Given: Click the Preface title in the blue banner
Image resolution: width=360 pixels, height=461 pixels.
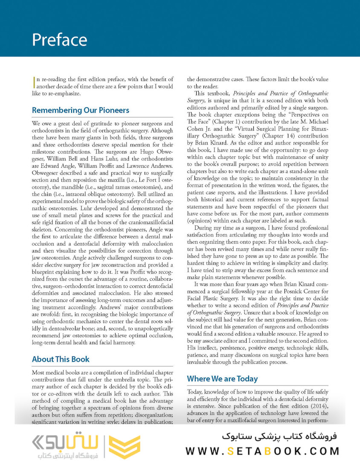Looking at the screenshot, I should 60,40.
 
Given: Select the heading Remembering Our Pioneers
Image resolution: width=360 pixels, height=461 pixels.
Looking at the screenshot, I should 81,111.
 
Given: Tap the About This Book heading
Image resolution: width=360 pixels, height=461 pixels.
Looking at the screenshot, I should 61,359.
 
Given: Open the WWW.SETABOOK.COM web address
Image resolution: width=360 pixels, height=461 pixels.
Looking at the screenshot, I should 262,451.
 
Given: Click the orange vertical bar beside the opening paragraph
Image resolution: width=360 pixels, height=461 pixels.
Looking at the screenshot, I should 33,82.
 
